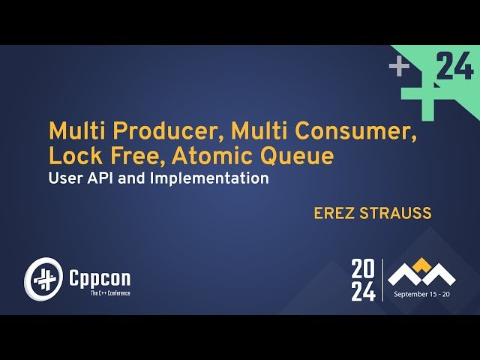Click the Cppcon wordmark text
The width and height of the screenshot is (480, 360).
[x=99, y=278]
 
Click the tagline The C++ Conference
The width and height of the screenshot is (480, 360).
[x=99, y=293]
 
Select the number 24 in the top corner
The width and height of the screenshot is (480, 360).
[x=454, y=67]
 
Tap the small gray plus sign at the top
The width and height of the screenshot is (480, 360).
[x=399, y=67]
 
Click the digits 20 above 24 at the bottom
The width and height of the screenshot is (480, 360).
[x=363, y=268]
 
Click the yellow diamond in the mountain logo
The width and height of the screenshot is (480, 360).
[x=422, y=262]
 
